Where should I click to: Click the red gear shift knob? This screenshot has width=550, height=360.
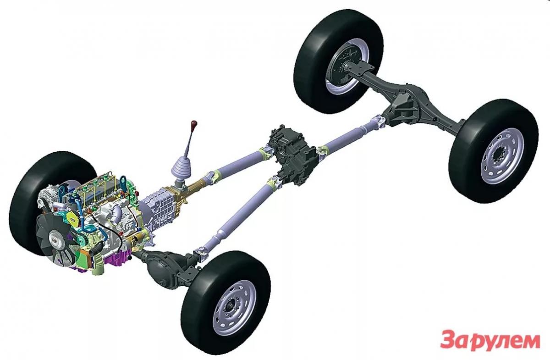point(194,123)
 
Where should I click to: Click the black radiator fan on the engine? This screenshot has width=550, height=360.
point(56,238)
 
